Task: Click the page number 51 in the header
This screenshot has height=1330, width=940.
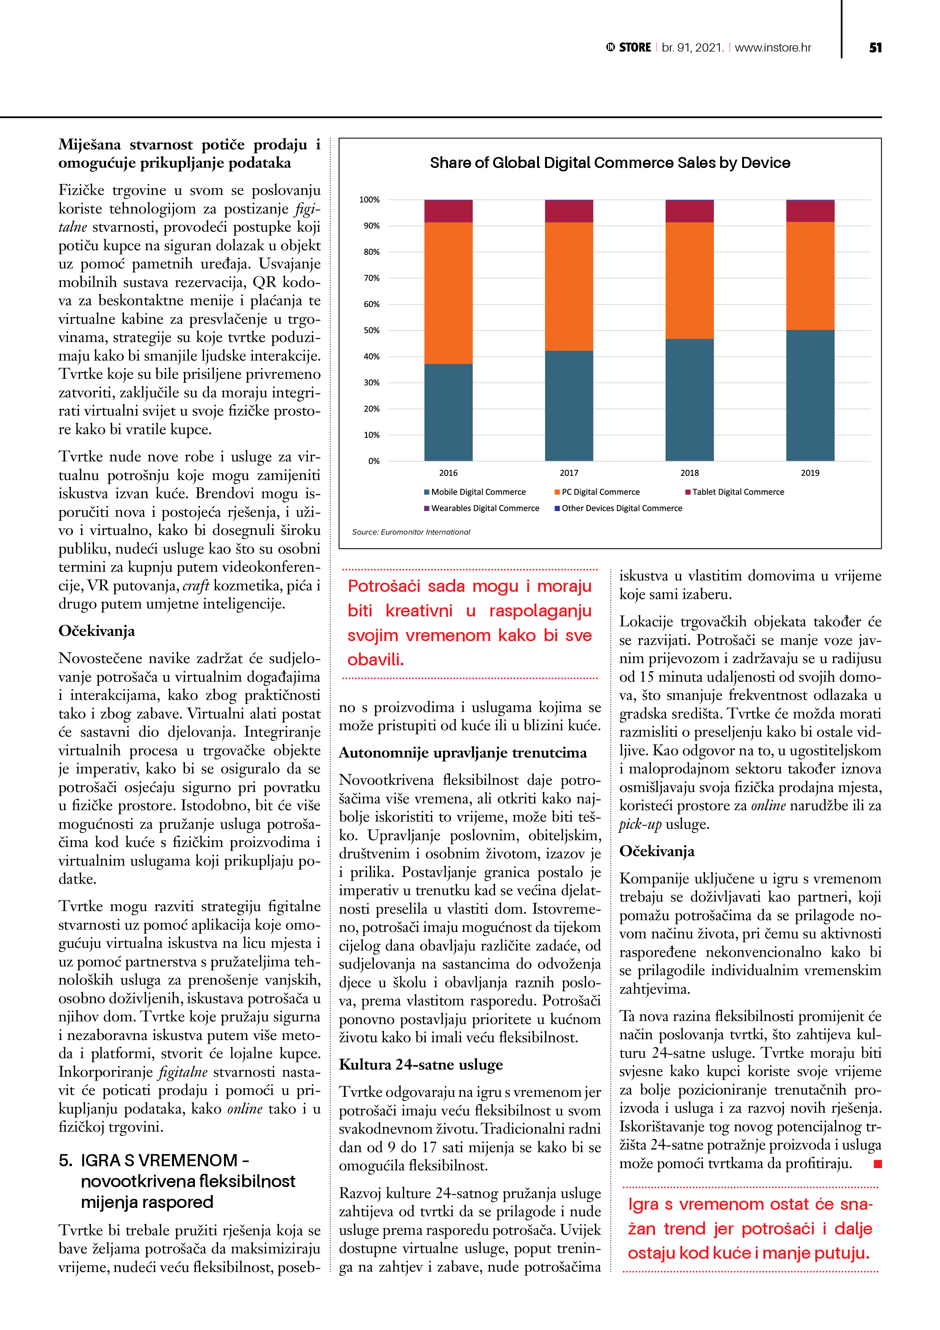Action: pos(875,47)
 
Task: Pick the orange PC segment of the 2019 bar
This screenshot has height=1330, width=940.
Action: pos(810,276)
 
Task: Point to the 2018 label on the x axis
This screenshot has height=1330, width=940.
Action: pos(689,473)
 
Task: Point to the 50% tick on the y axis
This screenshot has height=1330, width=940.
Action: pos(371,330)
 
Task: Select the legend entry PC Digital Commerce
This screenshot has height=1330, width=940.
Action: pos(600,492)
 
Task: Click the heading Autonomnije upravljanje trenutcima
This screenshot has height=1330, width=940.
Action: pos(462,753)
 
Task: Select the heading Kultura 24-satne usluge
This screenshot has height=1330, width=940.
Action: pos(420,1064)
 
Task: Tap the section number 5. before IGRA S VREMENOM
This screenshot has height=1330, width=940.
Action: pos(66,1160)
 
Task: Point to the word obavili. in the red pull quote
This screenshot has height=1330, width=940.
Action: pos(375,659)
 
